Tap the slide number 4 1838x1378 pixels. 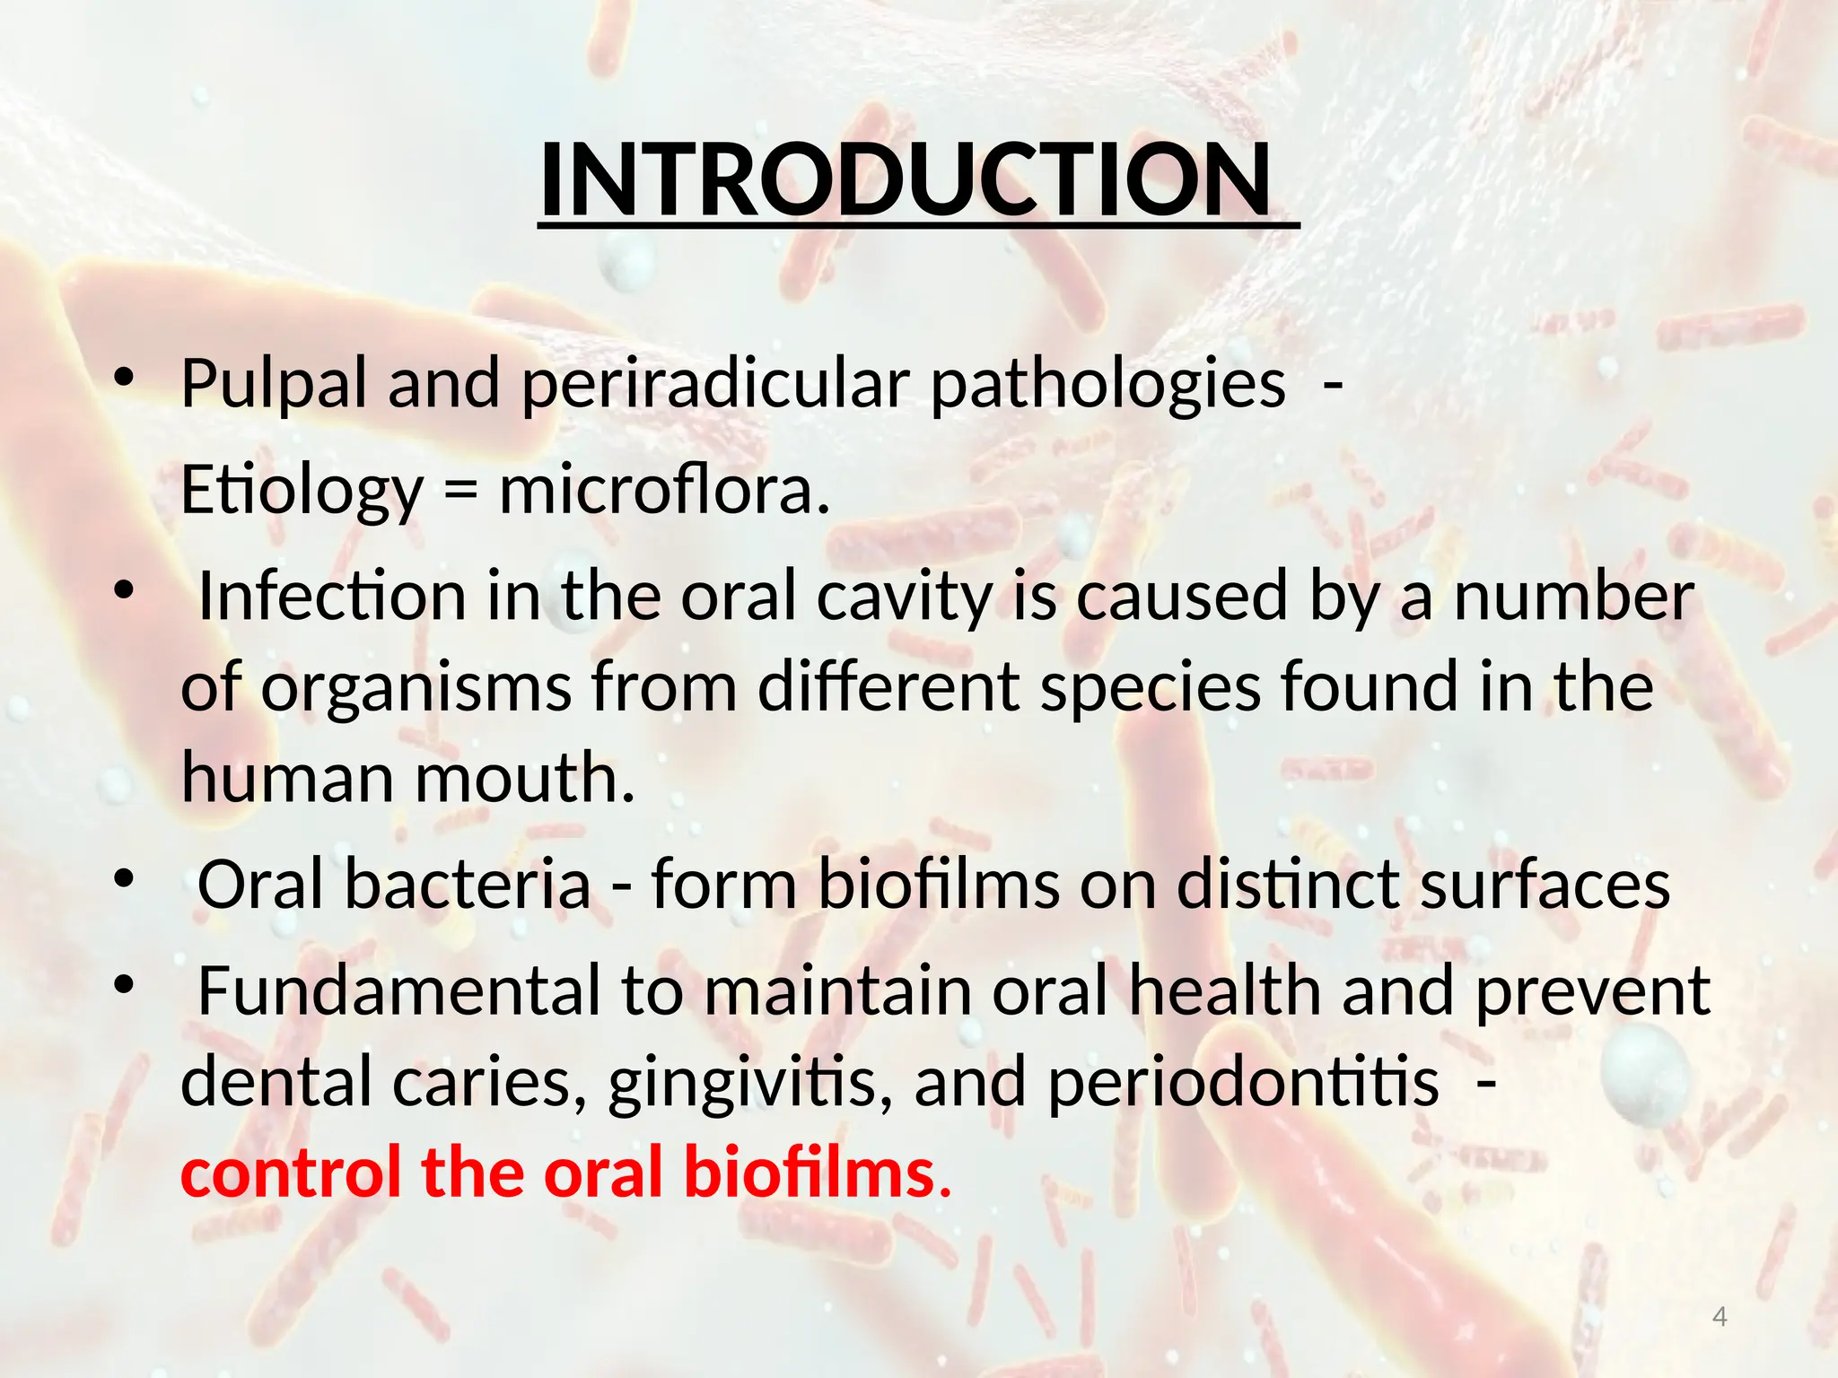[x=1720, y=1317]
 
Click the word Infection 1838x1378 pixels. [x=332, y=597]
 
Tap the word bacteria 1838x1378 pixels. [x=468, y=885]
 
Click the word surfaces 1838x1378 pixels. [x=1545, y=885]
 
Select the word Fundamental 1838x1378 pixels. [x=398, y=991]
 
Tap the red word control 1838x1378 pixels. [x=291, y=1173]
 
